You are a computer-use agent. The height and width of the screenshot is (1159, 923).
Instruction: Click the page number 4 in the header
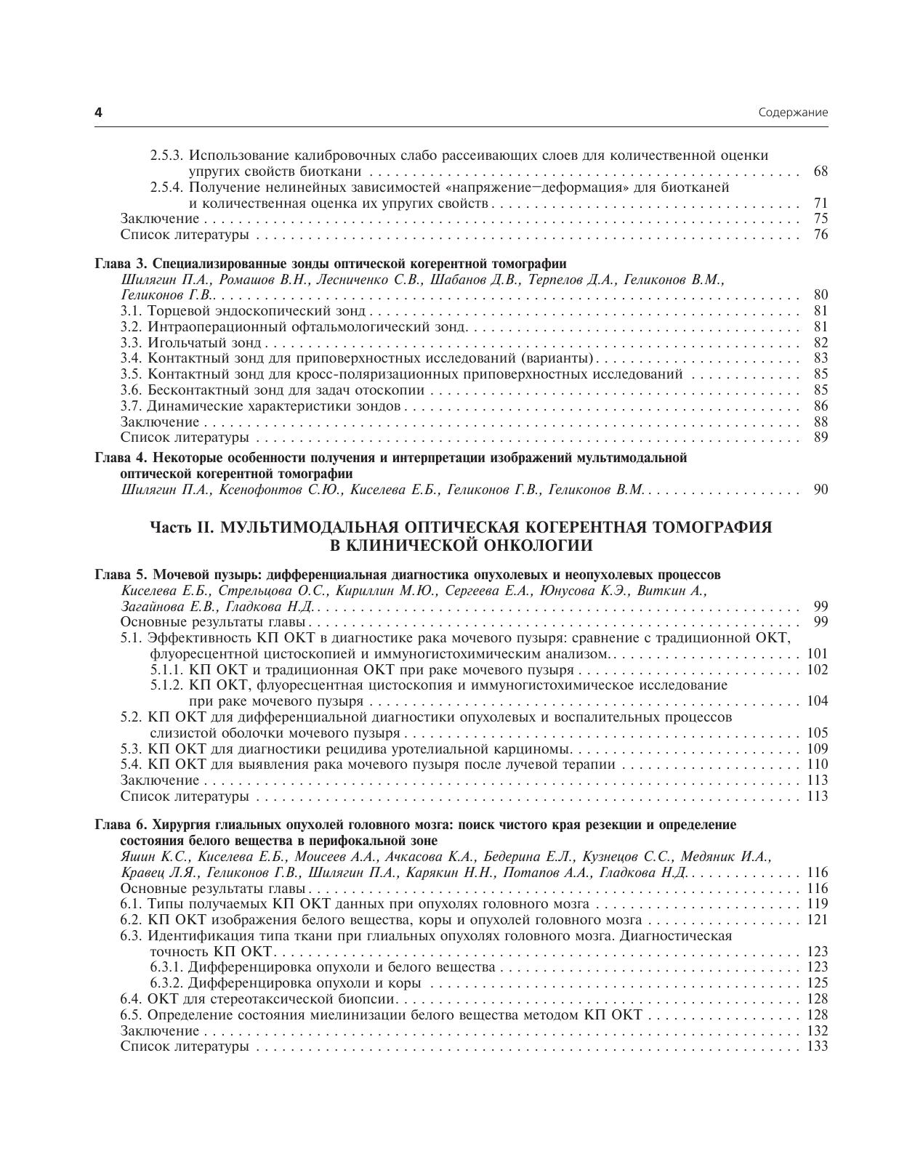(x=99, y=113)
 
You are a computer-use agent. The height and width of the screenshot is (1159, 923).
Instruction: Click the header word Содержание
(x=793, y=113)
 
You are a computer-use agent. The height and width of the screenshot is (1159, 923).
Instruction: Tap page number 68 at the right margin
(x=821, y=171)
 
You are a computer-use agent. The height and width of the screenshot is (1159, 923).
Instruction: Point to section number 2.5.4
(x=168, y=187)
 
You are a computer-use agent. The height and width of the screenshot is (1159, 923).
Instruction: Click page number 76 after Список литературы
(x=821, y=235)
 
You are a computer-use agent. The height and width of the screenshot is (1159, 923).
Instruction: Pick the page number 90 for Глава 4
(x=821, y=490)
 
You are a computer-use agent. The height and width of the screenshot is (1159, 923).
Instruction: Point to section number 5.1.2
(x=168, y=685)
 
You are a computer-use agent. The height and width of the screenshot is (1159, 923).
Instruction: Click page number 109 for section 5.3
(x=818, y=749)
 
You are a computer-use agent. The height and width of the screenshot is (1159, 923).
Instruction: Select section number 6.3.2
(x=168, y=983)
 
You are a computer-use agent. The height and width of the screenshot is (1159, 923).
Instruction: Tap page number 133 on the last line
(x=818, y=1047)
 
